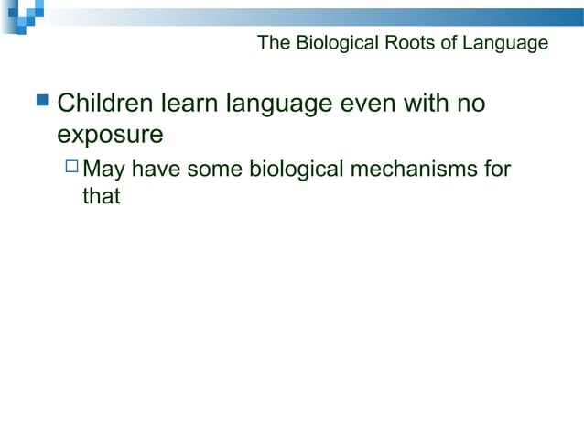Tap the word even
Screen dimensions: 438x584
tap(369, 104)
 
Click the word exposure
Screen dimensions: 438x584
tap(110, 136)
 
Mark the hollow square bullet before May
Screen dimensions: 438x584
tap(72, 169)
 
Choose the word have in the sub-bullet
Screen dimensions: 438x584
tap(157, 170)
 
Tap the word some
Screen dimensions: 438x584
tap(214, 170)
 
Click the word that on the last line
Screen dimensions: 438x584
tap(102, 196)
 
